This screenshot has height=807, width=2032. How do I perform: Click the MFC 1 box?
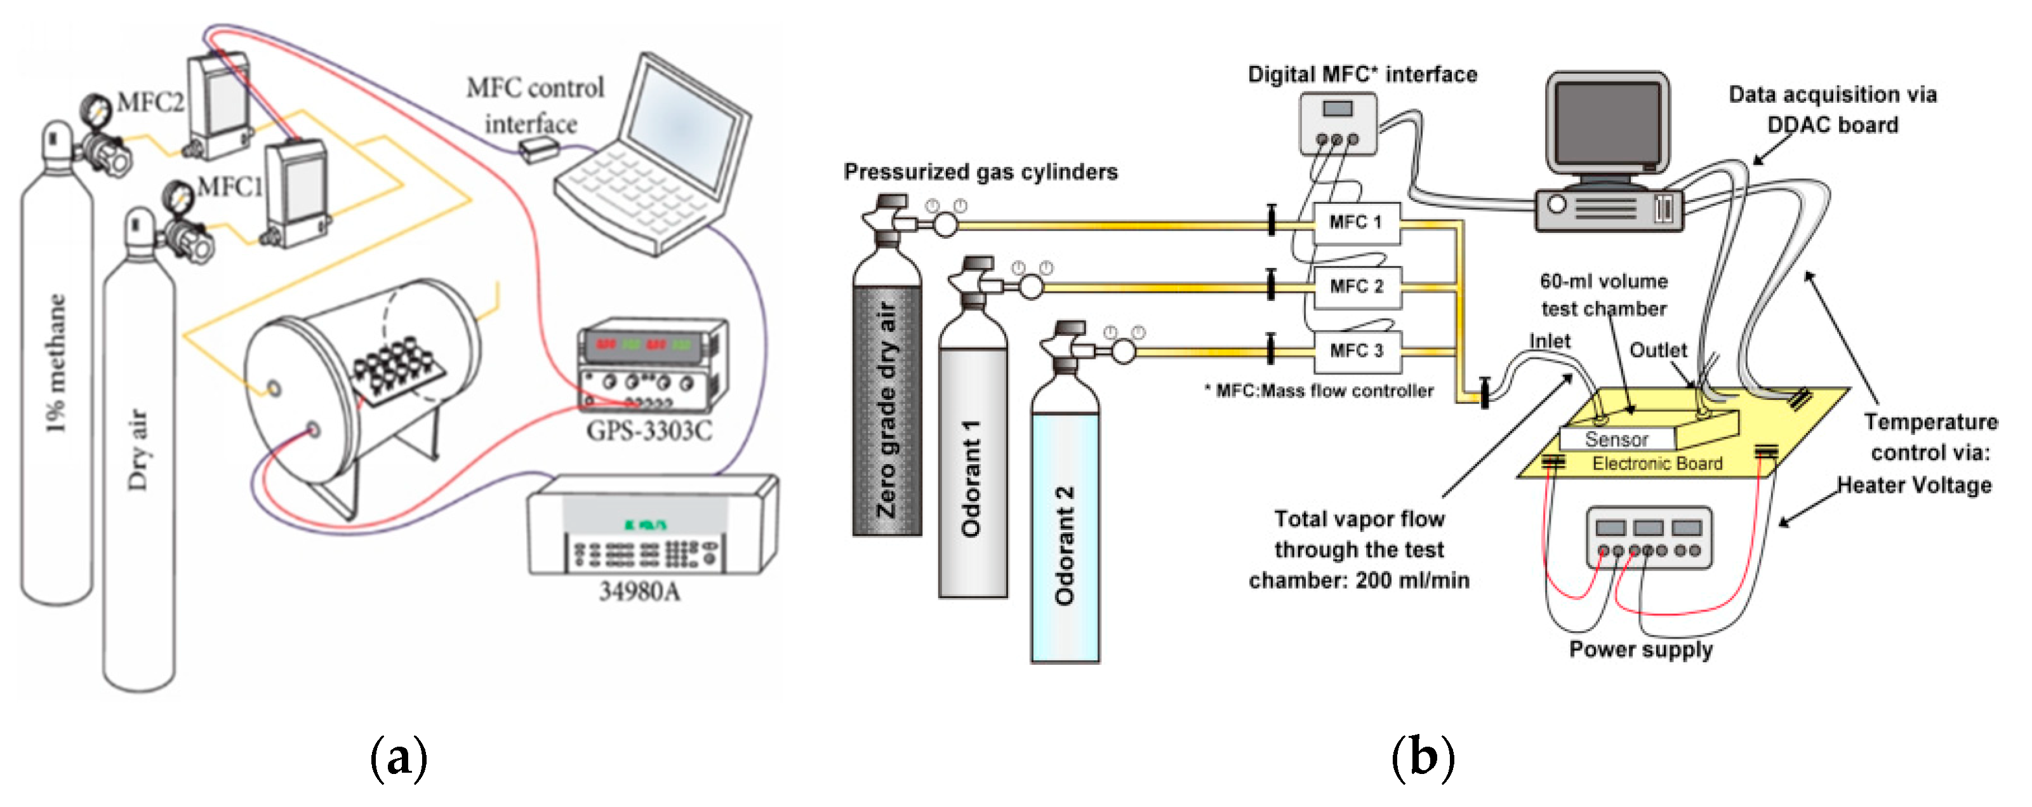1356,222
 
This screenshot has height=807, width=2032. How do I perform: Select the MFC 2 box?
1356,286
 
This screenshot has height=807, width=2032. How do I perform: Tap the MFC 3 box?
1356,351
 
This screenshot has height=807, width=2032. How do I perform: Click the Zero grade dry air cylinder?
887,410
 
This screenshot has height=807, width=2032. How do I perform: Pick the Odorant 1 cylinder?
973,473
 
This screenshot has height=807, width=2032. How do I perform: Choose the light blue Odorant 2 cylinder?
1065,544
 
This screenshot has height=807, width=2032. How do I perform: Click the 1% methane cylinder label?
55,363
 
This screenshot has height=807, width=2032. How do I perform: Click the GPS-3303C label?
648,430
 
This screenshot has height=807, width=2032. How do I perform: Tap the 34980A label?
639,591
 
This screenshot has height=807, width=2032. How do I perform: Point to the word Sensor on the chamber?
1616,439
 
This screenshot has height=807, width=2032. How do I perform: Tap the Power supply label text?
1641,650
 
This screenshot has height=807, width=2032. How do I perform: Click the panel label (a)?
399,757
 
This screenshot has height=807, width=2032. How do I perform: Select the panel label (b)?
1422,757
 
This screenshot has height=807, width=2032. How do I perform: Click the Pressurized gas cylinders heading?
981,172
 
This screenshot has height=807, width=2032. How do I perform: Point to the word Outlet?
1657,350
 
